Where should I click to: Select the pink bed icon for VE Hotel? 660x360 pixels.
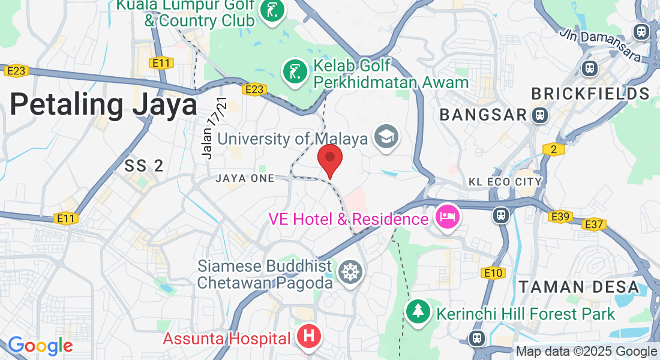coord(448,216)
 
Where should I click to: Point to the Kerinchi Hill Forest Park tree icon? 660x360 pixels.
coord(417,311)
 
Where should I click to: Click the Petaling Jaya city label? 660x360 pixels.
coord(103,105)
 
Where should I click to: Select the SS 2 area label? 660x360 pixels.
coord(144,166)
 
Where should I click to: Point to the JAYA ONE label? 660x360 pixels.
coord(244,178)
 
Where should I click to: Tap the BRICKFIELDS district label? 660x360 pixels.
coord(590,94)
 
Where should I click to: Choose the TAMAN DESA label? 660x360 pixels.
coord(579,287)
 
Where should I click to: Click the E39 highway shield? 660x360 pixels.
coord(560,217)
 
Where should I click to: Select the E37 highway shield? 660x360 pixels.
coord(594,224)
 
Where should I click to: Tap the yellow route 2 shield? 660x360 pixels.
coord(553,149)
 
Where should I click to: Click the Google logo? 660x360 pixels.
coord(40,346)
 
